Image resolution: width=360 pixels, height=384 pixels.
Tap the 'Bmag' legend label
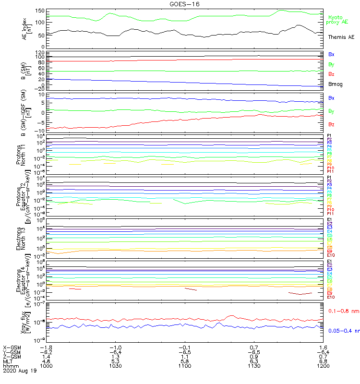pyautogui.click(x=335, y=84)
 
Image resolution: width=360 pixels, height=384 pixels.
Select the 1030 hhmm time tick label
pyautogui.click(x=115, y=365)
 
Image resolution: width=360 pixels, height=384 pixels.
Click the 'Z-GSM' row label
pyautogui.click(x=12, y=356)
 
